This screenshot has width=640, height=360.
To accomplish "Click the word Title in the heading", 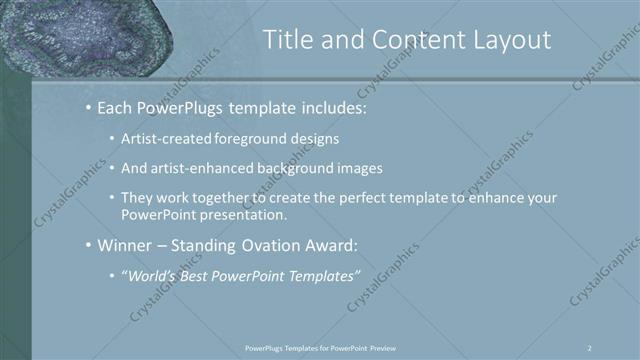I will tap(287, 40).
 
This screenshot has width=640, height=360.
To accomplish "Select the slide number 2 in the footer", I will tap(589, 347).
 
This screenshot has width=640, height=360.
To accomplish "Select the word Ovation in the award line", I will tap(270, 245).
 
